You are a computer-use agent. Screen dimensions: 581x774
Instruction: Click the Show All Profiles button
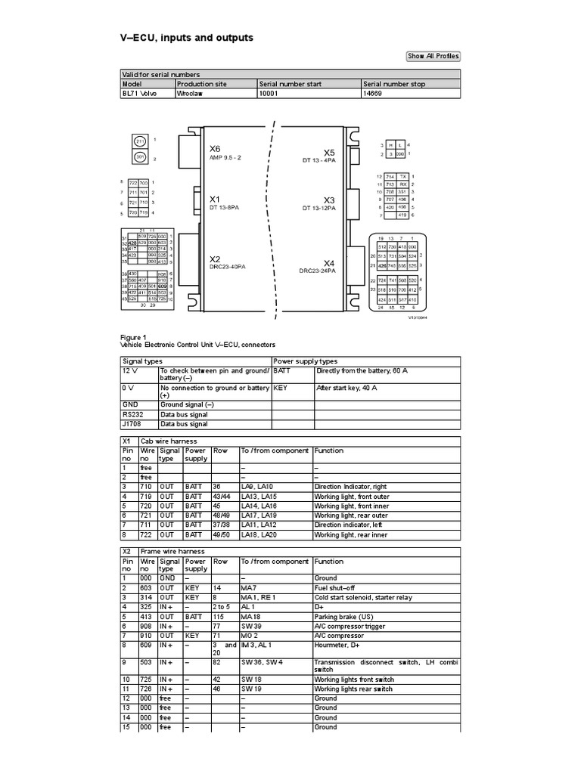coord(433,56)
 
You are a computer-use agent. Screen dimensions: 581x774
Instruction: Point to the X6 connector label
coord(215,148)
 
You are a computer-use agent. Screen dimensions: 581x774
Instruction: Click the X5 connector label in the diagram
coord(328,152)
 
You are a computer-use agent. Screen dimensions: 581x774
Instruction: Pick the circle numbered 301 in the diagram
coord(140,158)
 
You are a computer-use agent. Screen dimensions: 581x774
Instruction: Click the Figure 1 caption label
coord(133,337)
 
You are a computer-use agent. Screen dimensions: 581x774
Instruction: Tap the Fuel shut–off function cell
coord(336,587)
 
